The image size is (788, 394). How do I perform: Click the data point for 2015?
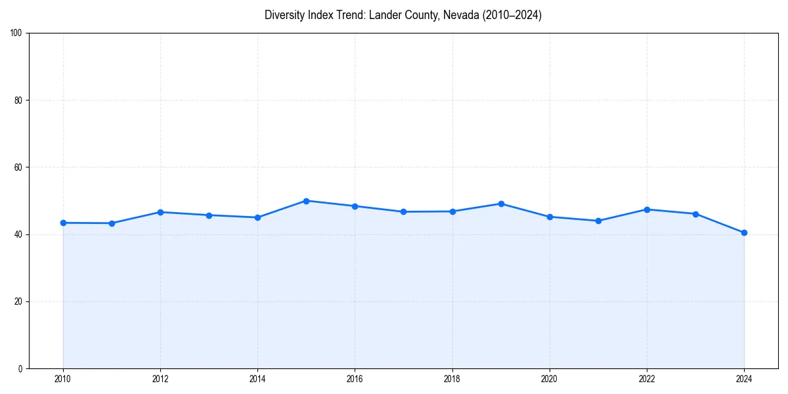click(x=306, y=201)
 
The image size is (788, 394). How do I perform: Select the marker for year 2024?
click(x=744, y=232)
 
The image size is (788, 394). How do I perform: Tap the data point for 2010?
click(x=63, y=223)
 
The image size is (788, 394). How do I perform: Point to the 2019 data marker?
click(x=501, y=204)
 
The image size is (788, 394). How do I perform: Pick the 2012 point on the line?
click(x=160, y=212)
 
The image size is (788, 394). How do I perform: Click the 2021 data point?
click(x=598, y=221)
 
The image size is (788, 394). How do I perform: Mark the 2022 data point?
click(x=647, y=209)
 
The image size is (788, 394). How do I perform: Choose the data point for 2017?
click(x=403, y=211)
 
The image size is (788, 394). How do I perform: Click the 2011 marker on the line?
click(x=112, y=223)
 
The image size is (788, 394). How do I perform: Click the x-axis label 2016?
click(x=355, y=379)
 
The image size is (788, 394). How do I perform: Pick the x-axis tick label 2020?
click(x=550, y=379)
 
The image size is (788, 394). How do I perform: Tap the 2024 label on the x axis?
click(x=744, y=379)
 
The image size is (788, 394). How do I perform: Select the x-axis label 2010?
click(x=63, y=379)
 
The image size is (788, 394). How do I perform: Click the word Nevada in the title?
click(x=461, y=15)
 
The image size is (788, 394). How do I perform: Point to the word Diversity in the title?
click(x=285, y=15)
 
